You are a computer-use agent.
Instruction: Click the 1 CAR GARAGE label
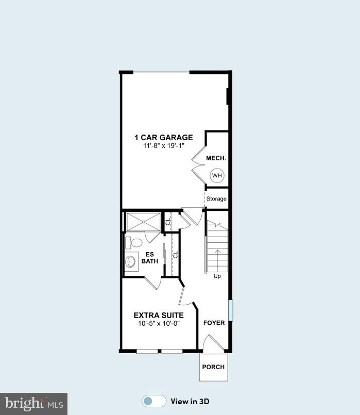coord(164,138)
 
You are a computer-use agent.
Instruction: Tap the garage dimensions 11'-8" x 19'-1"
coord(164,146)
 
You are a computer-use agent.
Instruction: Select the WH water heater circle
coord(217,176)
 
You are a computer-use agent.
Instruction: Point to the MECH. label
coord(216,158)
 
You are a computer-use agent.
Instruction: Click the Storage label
coord(216,199)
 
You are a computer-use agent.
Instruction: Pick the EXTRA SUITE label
coord(159,315)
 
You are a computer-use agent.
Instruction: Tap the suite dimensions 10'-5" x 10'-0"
coord(159,324)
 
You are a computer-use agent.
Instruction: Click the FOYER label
coord(214,323)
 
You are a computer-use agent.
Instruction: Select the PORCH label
coord(213,367)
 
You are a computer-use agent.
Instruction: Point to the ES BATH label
coord(150,257)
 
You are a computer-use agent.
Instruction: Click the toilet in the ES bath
coord(135,243)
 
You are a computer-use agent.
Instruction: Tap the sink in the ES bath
coord(130,261)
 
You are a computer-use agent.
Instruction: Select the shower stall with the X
coord(143,222)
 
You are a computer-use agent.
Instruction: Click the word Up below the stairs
coord(217,276)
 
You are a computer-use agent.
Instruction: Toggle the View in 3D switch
coord(154,402)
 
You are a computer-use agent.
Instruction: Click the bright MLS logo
coord(33,403)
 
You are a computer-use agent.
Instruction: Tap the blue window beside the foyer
coord(230,309)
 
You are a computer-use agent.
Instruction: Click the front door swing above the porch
coord(212,344)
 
